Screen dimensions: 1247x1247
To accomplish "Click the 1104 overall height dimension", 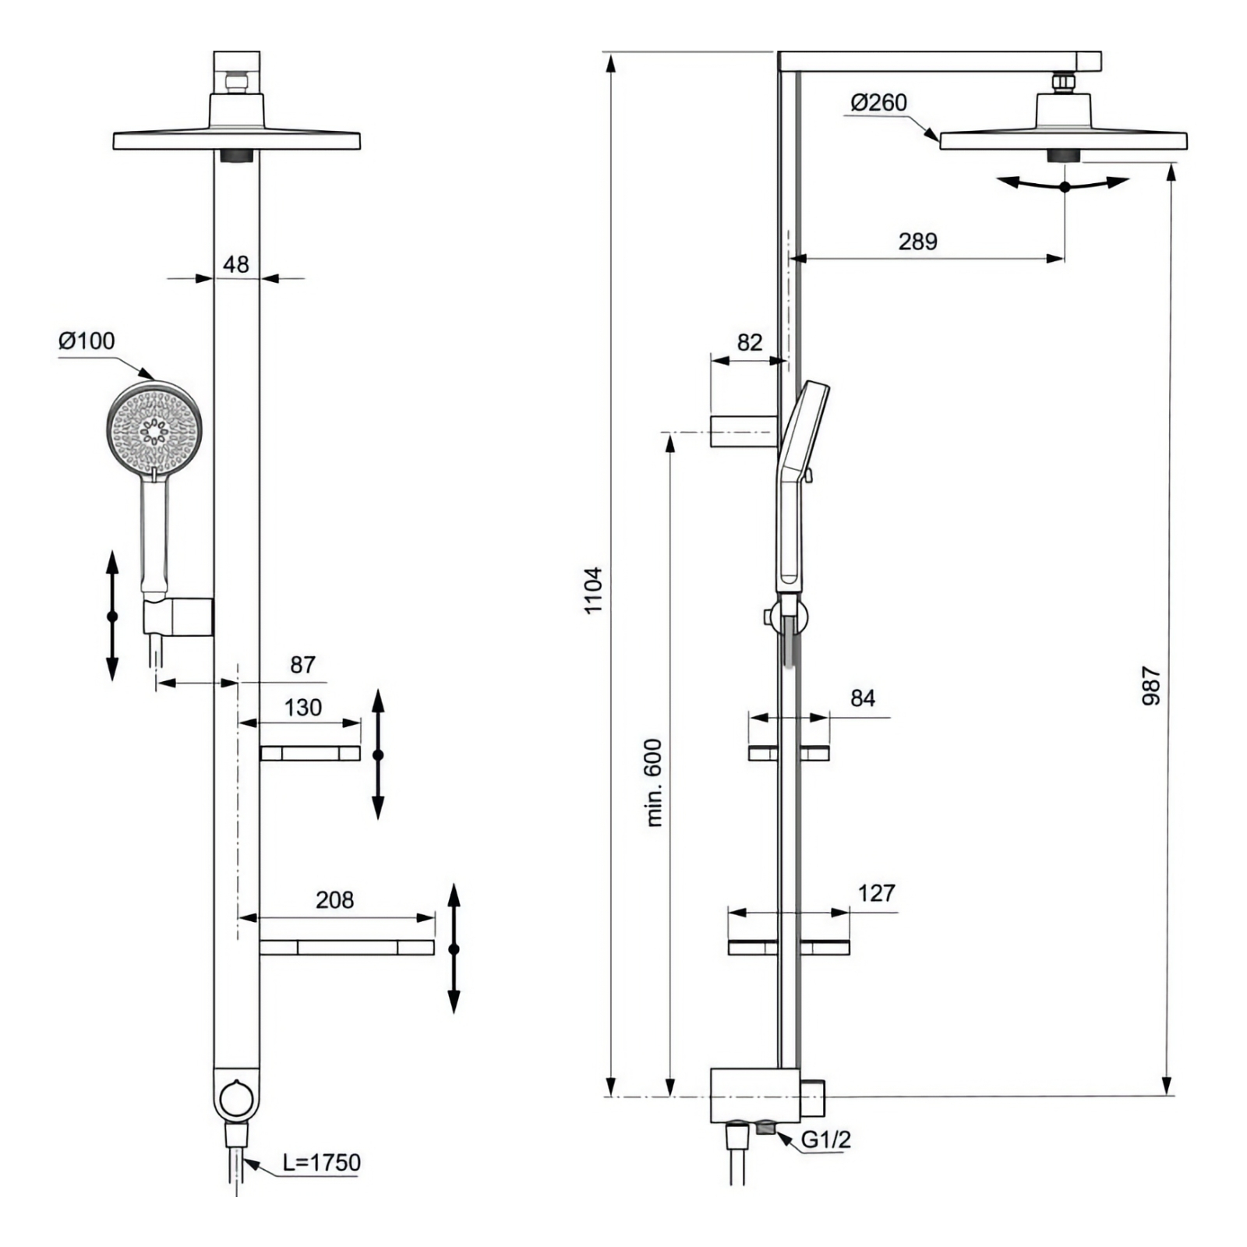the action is (594, 590).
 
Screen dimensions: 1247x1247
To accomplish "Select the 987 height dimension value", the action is (1151, 687).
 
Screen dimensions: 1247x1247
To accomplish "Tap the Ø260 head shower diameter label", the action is (879, 102).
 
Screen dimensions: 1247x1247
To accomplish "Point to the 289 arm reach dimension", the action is (917, 241).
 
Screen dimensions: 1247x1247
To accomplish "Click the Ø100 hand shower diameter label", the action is (87, 341).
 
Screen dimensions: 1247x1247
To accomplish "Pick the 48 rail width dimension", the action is (236, 264).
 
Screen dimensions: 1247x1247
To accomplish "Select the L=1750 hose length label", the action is (322, 1162).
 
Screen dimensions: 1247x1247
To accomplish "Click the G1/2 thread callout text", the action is (826, 1139).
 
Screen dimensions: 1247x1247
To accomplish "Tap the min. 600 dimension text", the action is (654, 782).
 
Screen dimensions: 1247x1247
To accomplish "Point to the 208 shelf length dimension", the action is (334, 900).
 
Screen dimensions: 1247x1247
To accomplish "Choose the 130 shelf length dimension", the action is (303, 707).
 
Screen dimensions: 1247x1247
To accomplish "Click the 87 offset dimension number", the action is (302, 665).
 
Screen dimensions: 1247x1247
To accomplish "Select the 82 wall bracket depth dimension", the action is (750, 342).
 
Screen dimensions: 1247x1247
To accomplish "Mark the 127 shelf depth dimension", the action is (877, 893).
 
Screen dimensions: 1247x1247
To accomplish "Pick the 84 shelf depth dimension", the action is (863, 698).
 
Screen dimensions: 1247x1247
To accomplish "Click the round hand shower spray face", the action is (154, 427).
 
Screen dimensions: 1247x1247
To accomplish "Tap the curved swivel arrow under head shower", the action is (1065, 184).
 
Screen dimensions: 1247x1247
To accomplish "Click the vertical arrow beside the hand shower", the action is (112, 616).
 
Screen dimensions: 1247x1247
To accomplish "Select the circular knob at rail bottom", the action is (236, 1098).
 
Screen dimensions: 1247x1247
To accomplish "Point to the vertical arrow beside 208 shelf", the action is (454, 948).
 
